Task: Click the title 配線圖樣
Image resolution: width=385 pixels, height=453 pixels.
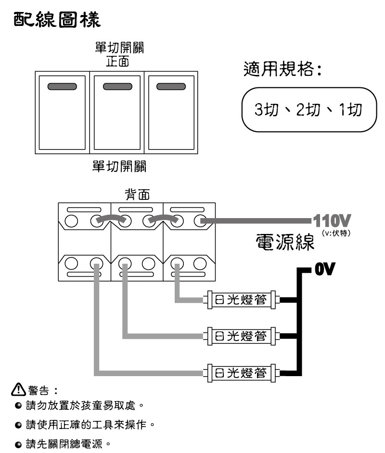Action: [x=57, y=20]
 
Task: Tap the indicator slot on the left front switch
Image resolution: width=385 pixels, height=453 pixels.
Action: [x=62, y=86]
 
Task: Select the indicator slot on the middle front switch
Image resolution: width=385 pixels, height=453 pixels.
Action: [x=117, y=86]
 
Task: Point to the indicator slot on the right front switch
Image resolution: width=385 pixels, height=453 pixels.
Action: [x=171, y=86]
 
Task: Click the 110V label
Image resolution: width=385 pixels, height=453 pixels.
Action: [x=332, y=220]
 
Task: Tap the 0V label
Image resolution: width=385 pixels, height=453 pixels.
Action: [x=325, y=269]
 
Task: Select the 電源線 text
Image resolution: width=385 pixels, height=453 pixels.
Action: [x=285, y=242]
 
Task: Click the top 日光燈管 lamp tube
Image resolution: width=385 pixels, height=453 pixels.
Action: [x=242, y=300]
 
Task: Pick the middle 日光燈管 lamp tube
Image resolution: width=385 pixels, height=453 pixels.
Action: [x=242, y=336]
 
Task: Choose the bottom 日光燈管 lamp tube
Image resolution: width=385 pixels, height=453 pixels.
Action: [x=242, y=373]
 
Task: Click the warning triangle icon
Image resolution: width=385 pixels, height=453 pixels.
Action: [x=18, y=389]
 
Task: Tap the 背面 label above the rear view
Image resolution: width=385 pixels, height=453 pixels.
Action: [x=137, y=194]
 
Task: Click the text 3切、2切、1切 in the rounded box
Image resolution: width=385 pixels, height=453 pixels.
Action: [x=308, y=110]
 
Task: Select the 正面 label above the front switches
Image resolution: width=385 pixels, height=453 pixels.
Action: [x=117, y=61]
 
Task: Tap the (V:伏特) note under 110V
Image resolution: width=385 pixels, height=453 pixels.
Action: [x=336, y=233]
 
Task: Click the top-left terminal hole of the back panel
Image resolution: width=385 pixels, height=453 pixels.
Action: [x=71, y=221]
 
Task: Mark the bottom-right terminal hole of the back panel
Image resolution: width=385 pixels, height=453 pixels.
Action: [x=200, y=263]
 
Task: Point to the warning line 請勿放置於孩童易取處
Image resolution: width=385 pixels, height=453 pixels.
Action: [x=80, y=405]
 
